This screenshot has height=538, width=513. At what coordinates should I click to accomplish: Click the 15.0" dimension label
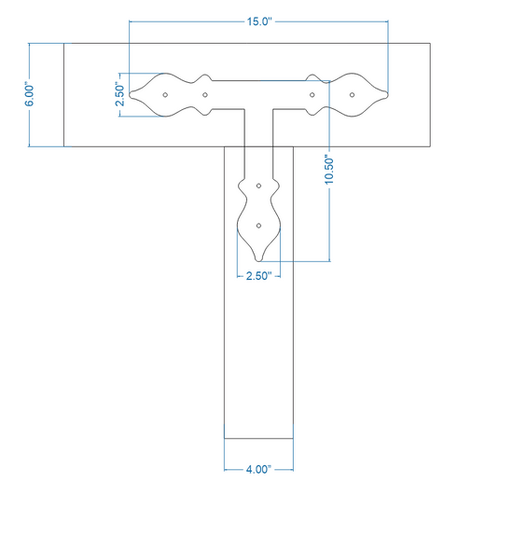pos(259,21)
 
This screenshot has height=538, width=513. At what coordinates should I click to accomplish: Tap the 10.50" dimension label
pos(328,171)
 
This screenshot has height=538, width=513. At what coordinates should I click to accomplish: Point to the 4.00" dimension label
pos(258,469)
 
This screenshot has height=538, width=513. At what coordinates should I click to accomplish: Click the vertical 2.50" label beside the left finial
pos(119,94)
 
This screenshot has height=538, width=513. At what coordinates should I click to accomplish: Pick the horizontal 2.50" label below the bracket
pos(258,275)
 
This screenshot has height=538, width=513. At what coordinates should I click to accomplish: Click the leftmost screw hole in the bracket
pos(165,95)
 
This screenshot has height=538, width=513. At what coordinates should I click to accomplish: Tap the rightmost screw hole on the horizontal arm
pos(352,95)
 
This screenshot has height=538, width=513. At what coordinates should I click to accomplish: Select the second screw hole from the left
pos(205,95)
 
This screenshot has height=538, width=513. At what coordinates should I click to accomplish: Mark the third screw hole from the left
pos(312,95)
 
